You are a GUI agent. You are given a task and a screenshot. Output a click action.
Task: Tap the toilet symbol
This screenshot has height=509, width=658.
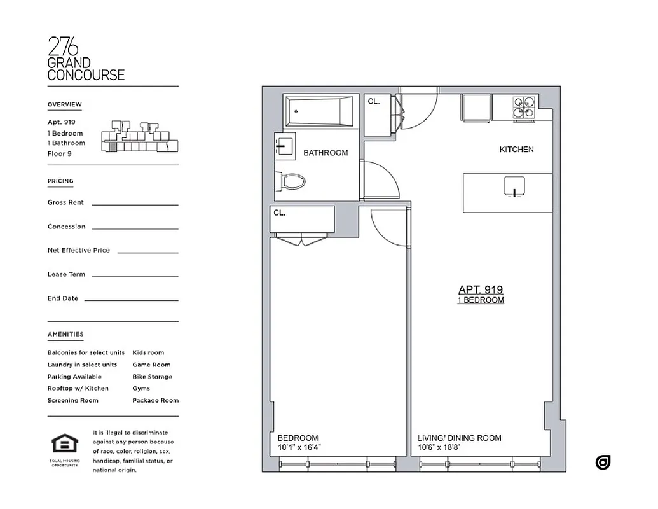292,181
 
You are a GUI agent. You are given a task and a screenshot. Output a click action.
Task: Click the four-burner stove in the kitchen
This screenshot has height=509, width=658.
524,108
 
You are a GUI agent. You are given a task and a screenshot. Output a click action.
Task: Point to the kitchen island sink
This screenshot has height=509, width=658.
514,186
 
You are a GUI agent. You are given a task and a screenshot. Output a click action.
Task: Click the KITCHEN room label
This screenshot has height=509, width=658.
516,150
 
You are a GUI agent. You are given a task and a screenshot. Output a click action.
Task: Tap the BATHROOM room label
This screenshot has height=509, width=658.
326,153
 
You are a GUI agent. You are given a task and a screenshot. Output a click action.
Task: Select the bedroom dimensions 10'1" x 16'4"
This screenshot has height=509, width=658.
299,447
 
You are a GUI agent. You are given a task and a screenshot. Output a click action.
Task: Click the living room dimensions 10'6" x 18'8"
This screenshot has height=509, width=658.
439,447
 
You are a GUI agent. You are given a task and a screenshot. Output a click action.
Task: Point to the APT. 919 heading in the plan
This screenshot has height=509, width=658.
481,289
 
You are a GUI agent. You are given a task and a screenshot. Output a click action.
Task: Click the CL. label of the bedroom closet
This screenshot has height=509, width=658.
280,213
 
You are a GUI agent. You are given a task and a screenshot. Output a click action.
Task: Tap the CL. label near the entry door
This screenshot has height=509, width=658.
374,101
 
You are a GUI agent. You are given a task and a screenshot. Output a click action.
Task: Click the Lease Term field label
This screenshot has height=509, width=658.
66,274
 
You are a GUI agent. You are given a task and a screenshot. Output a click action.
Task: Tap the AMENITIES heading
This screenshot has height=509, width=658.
65,334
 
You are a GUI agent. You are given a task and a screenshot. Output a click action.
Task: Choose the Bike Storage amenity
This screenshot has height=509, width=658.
152,377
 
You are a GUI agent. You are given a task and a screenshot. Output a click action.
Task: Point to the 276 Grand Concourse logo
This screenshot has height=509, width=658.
86,59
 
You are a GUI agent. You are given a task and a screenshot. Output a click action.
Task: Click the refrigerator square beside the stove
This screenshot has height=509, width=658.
477,108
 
